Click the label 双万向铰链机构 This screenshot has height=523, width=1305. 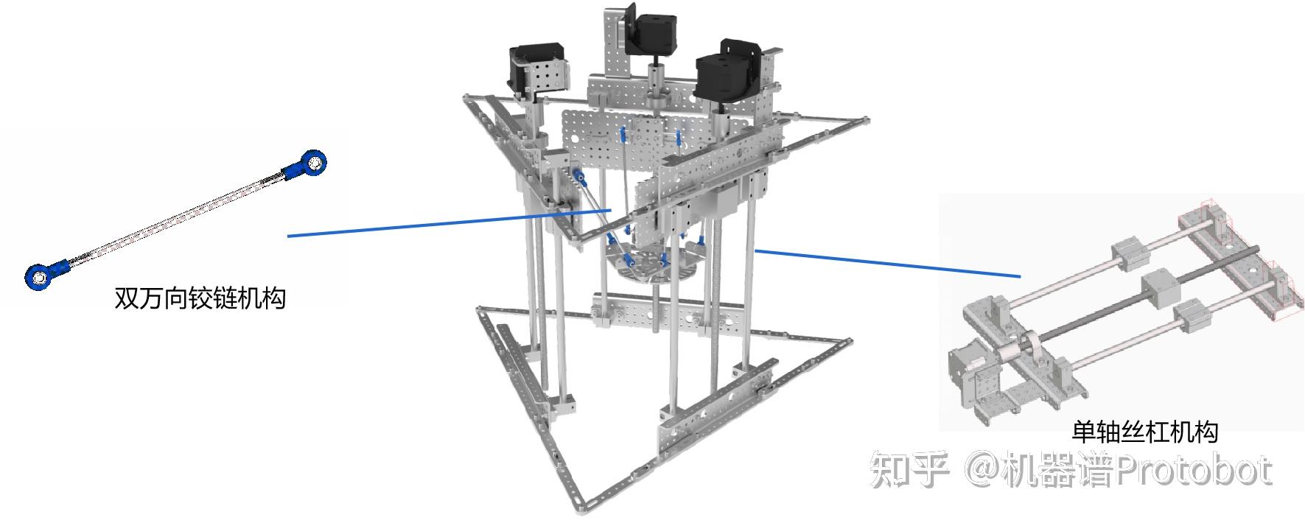coord(200,298)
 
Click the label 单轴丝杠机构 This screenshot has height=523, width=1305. coord(1144,432)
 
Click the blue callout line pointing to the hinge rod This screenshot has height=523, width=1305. coord(449,222)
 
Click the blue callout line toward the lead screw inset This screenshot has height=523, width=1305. coord(888,264)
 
